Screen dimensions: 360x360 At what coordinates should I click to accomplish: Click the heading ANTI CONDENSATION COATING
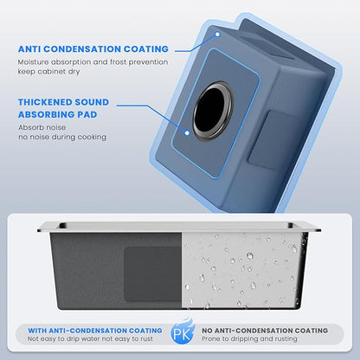[93, 49]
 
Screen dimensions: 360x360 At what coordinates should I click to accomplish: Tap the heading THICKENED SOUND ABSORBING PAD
[63, 108]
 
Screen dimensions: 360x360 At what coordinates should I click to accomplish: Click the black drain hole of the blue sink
[212, 111]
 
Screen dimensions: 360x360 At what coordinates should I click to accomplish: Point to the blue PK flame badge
[183, 331]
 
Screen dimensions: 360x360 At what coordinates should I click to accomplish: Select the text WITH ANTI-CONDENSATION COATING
[95, 331]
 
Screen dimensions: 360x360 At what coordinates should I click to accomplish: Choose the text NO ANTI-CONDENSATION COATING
[265, 331]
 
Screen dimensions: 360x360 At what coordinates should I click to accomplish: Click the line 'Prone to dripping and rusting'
[249, 338]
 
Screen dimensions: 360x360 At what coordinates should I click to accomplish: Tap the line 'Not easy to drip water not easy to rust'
[90, 338]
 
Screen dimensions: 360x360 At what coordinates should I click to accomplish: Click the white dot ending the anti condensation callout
[218, 35]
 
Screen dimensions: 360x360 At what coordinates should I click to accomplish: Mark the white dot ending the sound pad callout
[187, 133]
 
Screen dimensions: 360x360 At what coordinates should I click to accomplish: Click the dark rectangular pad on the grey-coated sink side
[153, 274]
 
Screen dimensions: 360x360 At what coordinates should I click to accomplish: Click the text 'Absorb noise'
[42, 127]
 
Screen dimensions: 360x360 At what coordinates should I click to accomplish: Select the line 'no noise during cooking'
[62, 137]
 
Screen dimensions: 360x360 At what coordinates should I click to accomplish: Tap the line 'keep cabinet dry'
[48, 72]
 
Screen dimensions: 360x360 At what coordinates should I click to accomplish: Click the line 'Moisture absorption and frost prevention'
[93, 62]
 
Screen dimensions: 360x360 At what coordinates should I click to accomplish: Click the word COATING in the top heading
[146, 49]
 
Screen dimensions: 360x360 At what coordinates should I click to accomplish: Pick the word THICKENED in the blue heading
[41, 102]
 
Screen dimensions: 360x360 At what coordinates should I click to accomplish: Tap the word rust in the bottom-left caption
[146, 339]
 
